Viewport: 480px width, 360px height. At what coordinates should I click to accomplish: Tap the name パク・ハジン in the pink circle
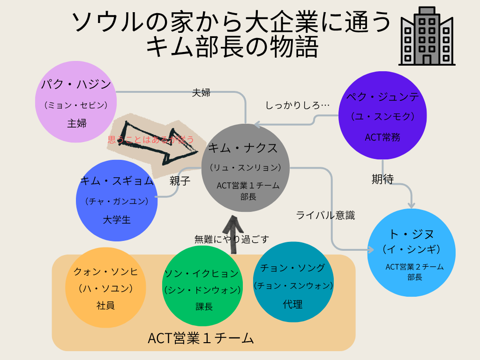pyautogui.click(x=76, y=85)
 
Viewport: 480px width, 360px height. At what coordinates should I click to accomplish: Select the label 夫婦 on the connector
pyautogui.click(x=201, y=92)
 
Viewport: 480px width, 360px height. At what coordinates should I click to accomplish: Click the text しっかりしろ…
pyautogui.click(x=298, y=105)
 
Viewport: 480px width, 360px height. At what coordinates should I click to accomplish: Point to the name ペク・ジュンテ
pyautogui.click(x=382, y=97)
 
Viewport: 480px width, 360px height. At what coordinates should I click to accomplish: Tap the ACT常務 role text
pyautogui.click(x=382, y=137)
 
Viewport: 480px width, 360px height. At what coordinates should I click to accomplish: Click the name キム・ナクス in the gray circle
pyautogui.click(x=243, y=149)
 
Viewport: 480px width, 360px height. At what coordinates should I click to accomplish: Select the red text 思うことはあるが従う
pyautogui.click(x=150, y=139)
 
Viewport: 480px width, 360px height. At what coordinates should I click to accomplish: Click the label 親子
pyautogui.click(x=180, y=181)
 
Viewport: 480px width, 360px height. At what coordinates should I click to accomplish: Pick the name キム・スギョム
pyautogui.click(x=117, y=181)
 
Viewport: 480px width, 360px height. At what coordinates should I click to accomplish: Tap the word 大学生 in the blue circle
pyautogui.click(x=117, y=220)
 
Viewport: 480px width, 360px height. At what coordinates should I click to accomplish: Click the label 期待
pyautogui.click(x=382, y=179)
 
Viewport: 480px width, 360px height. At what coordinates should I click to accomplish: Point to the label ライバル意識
pyautogui.click(x=325, y=215)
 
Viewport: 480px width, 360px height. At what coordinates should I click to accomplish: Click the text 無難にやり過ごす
pyautogui.click(x=232, y=239)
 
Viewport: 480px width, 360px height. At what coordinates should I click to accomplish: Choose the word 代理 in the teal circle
pyautogui.click(x=292, y=304)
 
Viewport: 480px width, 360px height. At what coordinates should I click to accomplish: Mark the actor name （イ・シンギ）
pyautogui.click(x=412, y=249)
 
